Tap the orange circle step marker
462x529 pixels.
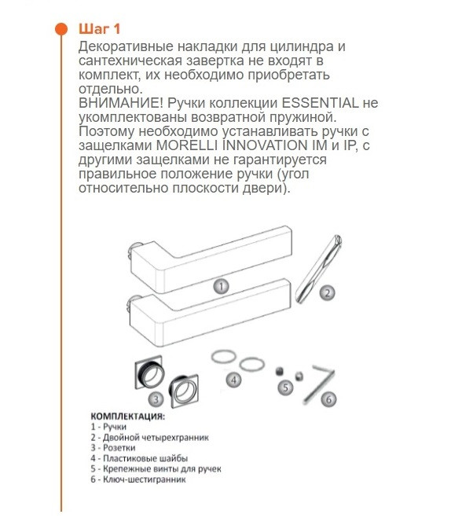(60, 30)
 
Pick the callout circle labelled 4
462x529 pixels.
(233, 380)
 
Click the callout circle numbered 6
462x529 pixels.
(329, 399)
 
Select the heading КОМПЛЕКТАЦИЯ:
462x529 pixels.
(127, 416)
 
